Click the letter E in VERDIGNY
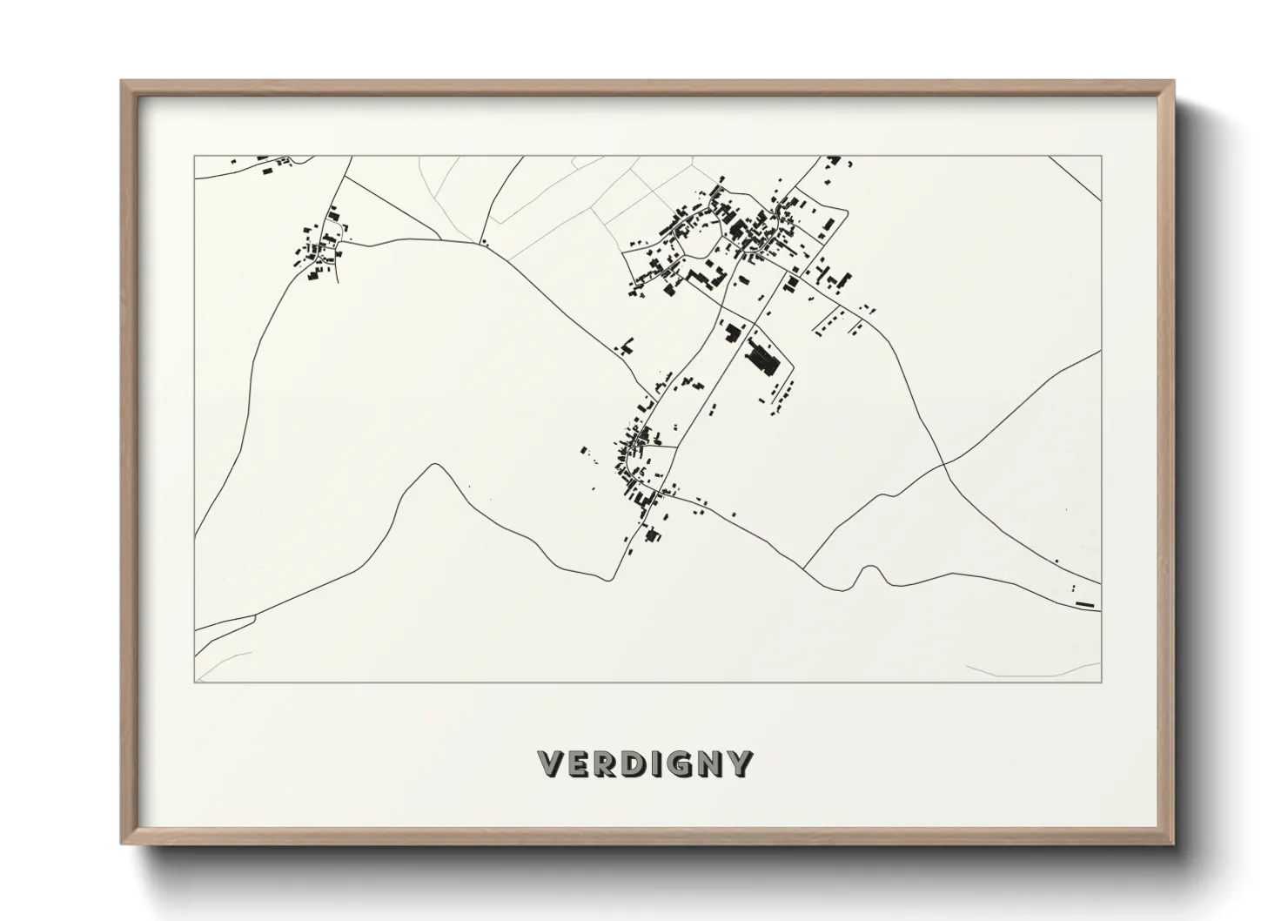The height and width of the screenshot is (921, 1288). pyautogui.click(x=579, y=763)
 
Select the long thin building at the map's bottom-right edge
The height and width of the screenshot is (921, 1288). pyautogui.click(x=1083, y=603)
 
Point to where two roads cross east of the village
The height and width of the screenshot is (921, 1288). pyautogui.click(x=945, y=464)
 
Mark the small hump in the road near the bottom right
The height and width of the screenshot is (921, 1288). pyautogui.click(x=868, y=569)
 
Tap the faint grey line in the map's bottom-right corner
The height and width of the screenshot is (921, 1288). pyautogui.click(x=1027, y=669)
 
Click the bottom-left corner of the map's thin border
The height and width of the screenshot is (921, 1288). pyautogui.click(x=194, y=682)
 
